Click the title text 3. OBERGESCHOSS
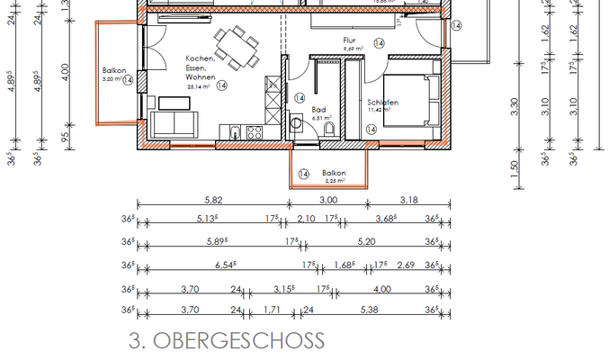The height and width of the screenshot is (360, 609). (x=226, y=341)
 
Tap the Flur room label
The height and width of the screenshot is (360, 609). (x=351, y=41)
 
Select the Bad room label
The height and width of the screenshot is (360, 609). (x=319, y=108)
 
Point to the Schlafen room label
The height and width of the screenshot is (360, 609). (x=382, y=103)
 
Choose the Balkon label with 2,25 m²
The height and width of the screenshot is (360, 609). (x=334, y=173)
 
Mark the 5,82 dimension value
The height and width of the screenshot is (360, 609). (x=213, y=199)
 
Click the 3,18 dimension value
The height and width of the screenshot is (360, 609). (x=407, y=199)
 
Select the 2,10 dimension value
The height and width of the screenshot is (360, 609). (x=306, y=218)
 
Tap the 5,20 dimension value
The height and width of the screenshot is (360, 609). (x=366, y=241)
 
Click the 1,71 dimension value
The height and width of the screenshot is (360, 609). (x=272, y=310)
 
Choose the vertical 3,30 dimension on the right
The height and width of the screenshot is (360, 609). (x=515, y=106)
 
